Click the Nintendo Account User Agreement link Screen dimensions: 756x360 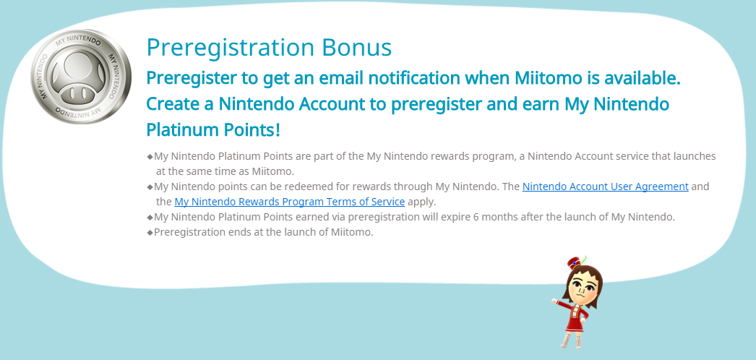[x=605, y=187]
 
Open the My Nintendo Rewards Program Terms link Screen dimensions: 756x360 [x=289, y=202]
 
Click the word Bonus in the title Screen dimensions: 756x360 [x=356, y=47]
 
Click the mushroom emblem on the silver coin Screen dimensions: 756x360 [x=80, y=76]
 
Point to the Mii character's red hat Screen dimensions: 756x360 [x=575, y=262]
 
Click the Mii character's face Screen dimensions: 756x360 [x=583, y=288]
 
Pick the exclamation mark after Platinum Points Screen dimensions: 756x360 [x=278, y=129]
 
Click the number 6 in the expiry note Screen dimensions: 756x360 [x=476, y=217]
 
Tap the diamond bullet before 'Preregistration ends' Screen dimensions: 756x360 [x=150, y=232]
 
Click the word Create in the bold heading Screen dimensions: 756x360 [x=174, y=104]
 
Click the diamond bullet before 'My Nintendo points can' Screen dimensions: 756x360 [x=150, y=187]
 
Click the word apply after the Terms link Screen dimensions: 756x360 [x=421, y=202]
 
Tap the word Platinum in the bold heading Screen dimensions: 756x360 [x=176, y=130]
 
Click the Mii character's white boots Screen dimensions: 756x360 [x=570, y=340]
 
